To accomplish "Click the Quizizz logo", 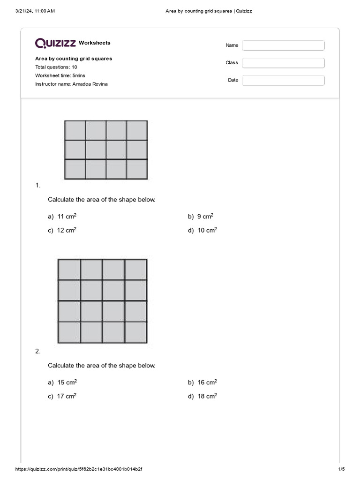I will [x=56, y=43].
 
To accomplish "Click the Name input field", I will [x=283, y=45].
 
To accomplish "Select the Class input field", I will [x=283, y=63].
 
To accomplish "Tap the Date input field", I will [x=283, y=81].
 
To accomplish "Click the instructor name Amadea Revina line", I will [x=74, y=84].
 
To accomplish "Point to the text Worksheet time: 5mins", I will [x=60, y=75].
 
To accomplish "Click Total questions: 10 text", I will [x=56, y=67].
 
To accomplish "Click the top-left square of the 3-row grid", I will [x=75, y=130].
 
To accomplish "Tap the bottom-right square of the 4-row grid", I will [x=136, y=332].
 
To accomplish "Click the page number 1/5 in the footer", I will [x=341, y=469].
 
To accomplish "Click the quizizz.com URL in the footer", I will [x=79, y=469].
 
